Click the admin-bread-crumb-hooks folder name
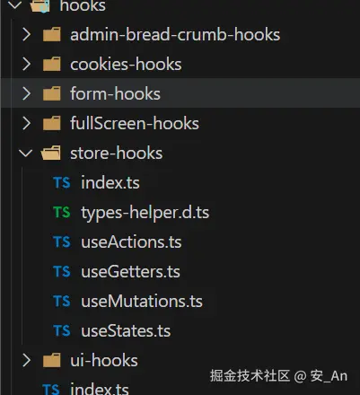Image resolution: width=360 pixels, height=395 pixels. pyautogui.click(x=175, y=34)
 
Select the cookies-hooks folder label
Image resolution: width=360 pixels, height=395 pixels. pyautogui.click(x=126, y=64)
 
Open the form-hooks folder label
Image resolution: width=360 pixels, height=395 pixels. pyautogui.click(x=115, y=93)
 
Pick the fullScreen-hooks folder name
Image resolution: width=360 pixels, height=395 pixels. pyautogui.click(x=135, y=123)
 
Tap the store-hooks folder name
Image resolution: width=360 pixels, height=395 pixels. pyautogui.click(x=117, y=153)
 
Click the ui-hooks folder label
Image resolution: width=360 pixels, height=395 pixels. pyautogui.click(x=104, y=360)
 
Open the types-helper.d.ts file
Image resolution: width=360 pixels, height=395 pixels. pyautogui.click(x=145, y=213)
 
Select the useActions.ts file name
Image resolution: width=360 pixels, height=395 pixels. pyautogui.click(x=131, y=241)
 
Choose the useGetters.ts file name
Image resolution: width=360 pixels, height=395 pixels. pyautogui.click(x=130, y=271)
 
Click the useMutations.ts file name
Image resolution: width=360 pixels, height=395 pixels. pyautogui.click(x=142, y=301)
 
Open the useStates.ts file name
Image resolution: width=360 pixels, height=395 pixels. pyautogui.click(x=126, y=330)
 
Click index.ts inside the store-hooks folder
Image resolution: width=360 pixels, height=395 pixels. pyautogui.click(x=110, y=182)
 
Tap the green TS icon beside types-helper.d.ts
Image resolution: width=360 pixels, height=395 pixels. pyautogui.click(x=62, y=212)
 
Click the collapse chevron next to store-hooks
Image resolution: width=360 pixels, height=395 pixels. pyautogui.click(x=26, y=153)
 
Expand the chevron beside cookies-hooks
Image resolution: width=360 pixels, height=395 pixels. pyautogui.click(x=26, y=64)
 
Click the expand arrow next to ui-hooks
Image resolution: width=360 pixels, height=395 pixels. pyautogui.click(x=26, y=360)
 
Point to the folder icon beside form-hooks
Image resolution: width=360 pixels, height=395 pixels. pyautogui.click(x=52, y=93)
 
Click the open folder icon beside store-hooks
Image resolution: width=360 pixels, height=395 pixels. pyautogui.click(x=51, y=153)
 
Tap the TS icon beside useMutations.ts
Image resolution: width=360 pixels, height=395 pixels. pyautogui.click(x=62, y=301)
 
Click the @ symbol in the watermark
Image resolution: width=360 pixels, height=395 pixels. pyautogui.click(x=300, y=377)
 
